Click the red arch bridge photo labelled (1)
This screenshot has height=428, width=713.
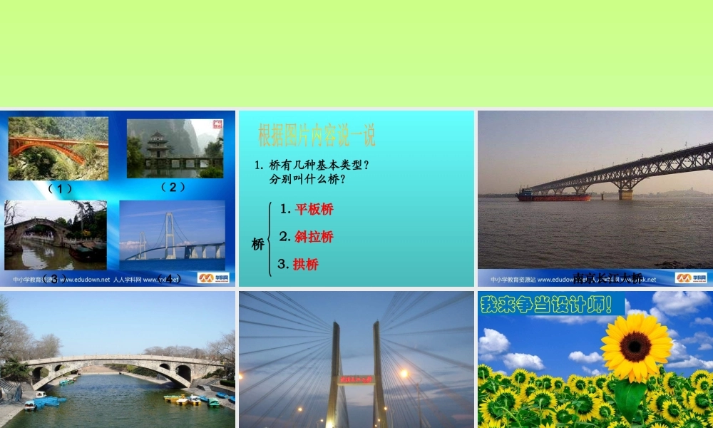(x=58, y=148)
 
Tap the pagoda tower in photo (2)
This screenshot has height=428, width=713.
(x=158, y=145)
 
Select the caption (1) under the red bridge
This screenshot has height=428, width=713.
(x=60, y=188)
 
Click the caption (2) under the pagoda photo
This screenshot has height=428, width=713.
(x=173, y=187)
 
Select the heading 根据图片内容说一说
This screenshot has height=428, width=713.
(x=317, y=135)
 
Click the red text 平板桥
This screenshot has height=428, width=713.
(x=314, y=209)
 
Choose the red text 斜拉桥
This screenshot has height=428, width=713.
(x=314, y=236)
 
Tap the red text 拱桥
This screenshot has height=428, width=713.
(x=305, y=264)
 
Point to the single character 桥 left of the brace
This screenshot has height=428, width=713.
(x=257, y=244)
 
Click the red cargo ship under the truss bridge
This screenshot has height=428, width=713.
(x=553, y=195)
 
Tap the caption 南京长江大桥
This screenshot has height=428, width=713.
(x=607, y=277)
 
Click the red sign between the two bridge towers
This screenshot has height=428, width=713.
(x=356, y=379)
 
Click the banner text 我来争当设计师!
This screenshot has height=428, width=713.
(x=546, y=305)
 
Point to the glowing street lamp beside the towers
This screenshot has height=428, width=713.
(x=404, y=373)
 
